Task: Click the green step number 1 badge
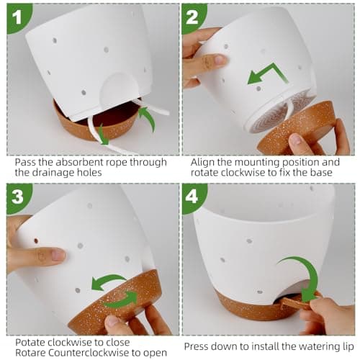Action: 18,18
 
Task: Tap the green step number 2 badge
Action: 192,17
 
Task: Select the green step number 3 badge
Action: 18,197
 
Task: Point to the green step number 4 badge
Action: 193,197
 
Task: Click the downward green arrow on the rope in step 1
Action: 103,135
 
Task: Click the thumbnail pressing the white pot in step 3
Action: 58,255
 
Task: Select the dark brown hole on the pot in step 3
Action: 36,240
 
